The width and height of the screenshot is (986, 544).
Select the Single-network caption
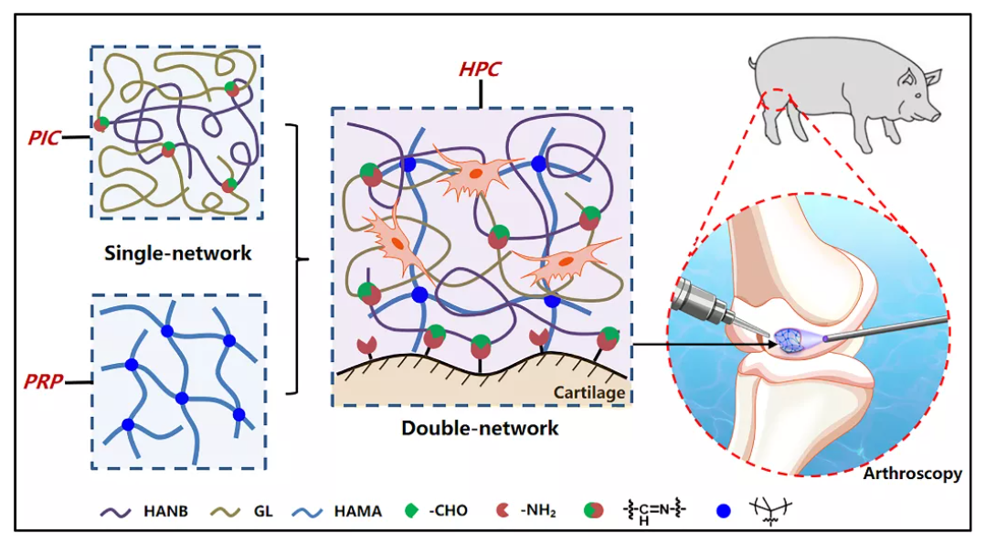[178, 253]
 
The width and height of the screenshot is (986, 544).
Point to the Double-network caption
[480, 427]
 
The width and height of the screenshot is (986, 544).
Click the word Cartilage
[593, 393]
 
